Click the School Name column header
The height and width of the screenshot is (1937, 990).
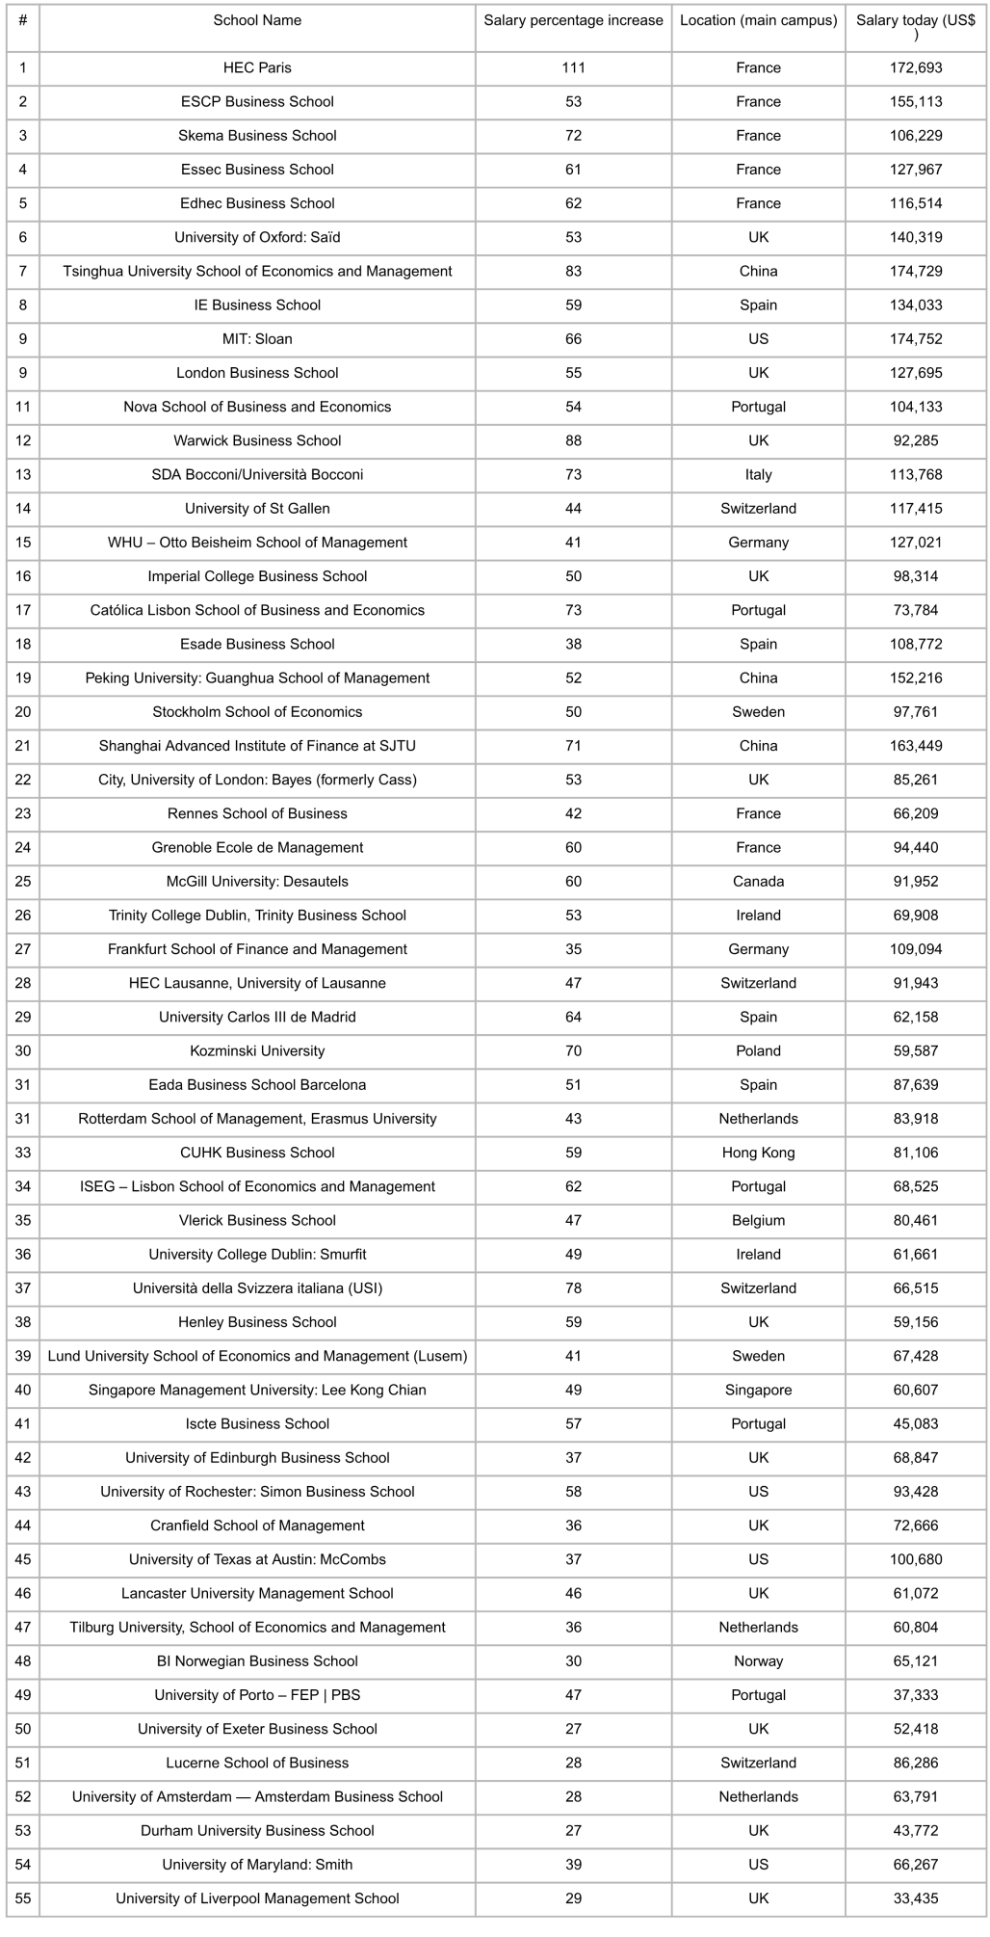(257, 20)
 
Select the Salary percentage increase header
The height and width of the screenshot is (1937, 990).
(573, 20)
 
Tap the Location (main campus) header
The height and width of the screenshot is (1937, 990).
(758, 20)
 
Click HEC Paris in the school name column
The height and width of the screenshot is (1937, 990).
(257, 67)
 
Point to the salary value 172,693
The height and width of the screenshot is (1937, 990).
(916, 67)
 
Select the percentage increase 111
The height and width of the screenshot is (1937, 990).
(573, 67)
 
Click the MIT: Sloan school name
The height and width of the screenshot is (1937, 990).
(257, 339)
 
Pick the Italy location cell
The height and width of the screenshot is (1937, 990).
(758, 474)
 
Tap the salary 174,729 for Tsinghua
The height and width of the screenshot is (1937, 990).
(916, 271)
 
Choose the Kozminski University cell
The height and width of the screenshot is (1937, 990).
(257, 1050)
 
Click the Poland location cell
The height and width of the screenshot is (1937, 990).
(758, 1050)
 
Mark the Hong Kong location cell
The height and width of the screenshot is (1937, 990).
(758, 1153)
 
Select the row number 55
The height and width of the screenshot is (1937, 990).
(23, 1898)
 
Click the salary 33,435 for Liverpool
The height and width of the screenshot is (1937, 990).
(916, 1898)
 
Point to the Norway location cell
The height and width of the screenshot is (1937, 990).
(758, 1661)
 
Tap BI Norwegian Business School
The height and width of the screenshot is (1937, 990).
(257, 1661)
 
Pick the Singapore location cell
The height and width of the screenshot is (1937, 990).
(758, 1390)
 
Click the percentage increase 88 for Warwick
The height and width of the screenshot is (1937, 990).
(573, 440)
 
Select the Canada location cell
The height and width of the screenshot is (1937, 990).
(758, 881)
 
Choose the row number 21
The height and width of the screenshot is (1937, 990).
(23, 746)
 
